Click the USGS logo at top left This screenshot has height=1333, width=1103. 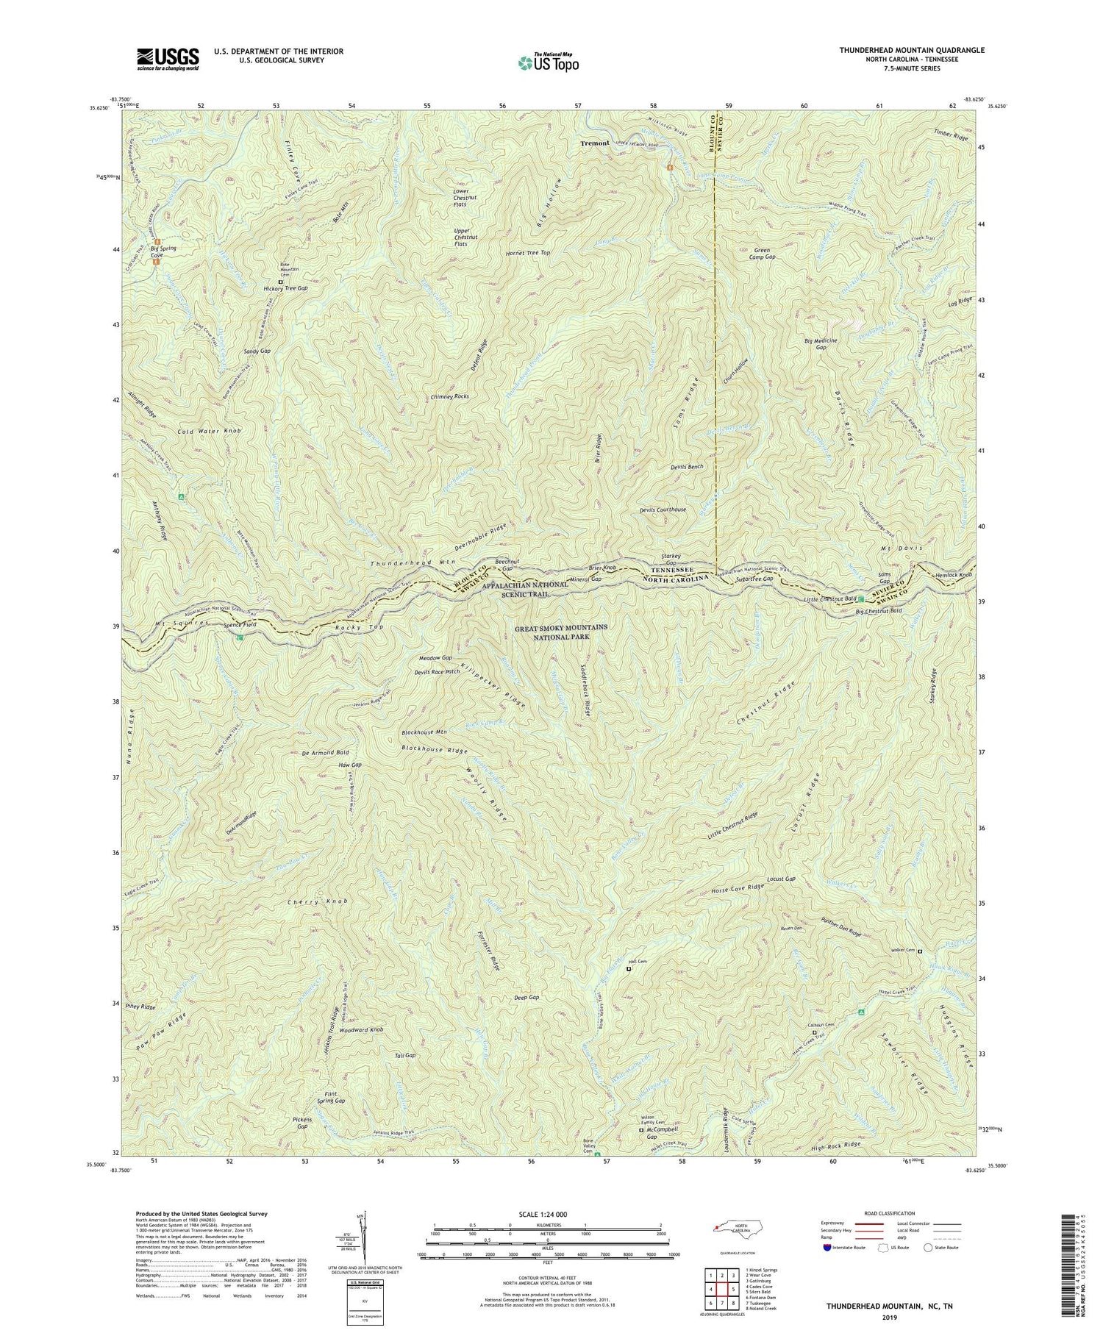click(x=167, y=58)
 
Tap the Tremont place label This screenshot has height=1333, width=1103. click(x=594, y=143)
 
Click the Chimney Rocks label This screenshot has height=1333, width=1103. click(x=449, y=396)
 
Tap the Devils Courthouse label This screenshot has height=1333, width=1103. click(x=663, y=510)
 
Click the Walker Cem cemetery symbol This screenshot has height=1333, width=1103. click(x=919, y=951)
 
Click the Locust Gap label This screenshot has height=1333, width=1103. click(x=781, y=879)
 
